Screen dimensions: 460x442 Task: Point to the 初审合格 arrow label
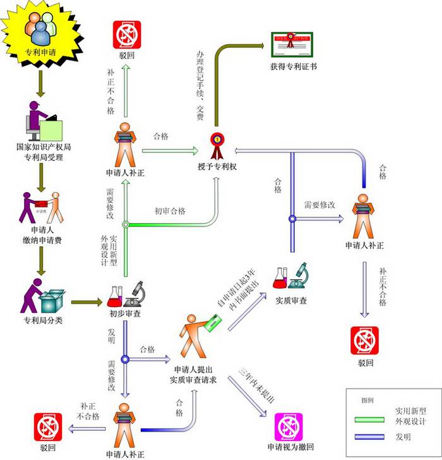coord(170,211)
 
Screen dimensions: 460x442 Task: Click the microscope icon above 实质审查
coord(299,275)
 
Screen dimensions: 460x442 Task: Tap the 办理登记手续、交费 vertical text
coord(200,85)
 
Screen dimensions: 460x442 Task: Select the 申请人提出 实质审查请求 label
coord(193,374)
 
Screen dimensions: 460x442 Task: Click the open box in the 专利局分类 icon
coord(52,299)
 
